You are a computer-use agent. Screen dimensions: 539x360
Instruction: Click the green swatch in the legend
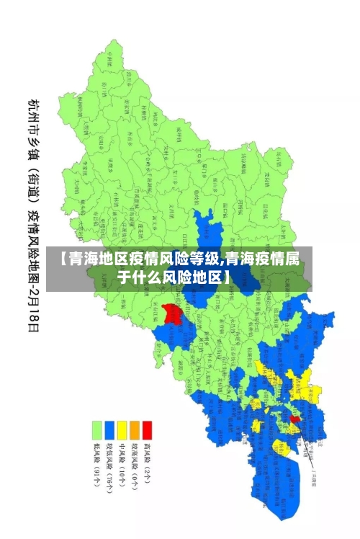click(x=96, y=430)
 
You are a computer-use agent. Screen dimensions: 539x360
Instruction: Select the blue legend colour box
click(x=109, y=430)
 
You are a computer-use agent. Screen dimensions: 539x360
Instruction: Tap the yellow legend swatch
click(x=122, y=430)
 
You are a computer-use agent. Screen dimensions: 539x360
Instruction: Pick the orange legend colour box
click(x=134, y=430)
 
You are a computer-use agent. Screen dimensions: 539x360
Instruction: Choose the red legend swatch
click(x=147, y=430)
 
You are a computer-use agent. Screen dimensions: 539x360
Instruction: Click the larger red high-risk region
click(x=172, y=313)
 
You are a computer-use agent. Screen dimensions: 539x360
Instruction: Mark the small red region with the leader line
click(x=294, y=418)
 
